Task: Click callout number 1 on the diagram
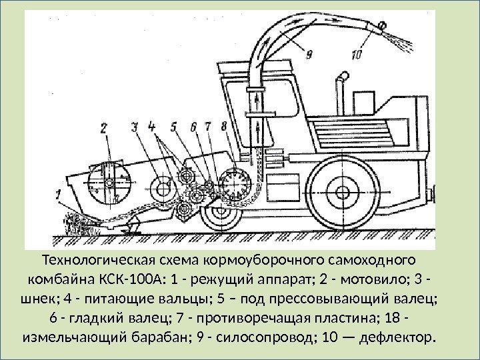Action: point(59,195)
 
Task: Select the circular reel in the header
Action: point(108,181)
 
